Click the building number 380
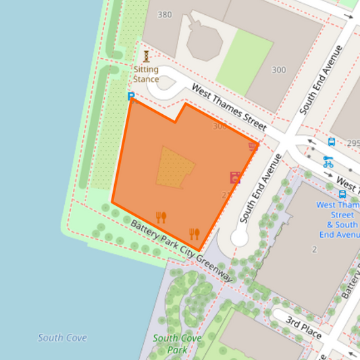[x=164, y=14]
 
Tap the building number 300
[x=278, y=70]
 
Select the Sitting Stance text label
[x=146, y=74]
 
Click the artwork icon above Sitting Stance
[x=146, y=56]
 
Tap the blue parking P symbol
[x=131, y=97]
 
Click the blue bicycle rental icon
[x=328, y=162]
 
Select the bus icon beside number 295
[x=332, y=142]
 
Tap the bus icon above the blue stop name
[x=342, y=194]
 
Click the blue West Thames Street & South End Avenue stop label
[x=338, y=220]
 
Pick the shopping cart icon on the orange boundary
[x=253, y=146]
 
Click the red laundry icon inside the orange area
[x=234, y=178]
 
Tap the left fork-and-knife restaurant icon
[x=161, y=217]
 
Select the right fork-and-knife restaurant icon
[x=195, y=234]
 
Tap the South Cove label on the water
[x=62, y=338]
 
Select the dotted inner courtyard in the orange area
[x=174, y=167]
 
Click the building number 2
[x=314, y=250]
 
